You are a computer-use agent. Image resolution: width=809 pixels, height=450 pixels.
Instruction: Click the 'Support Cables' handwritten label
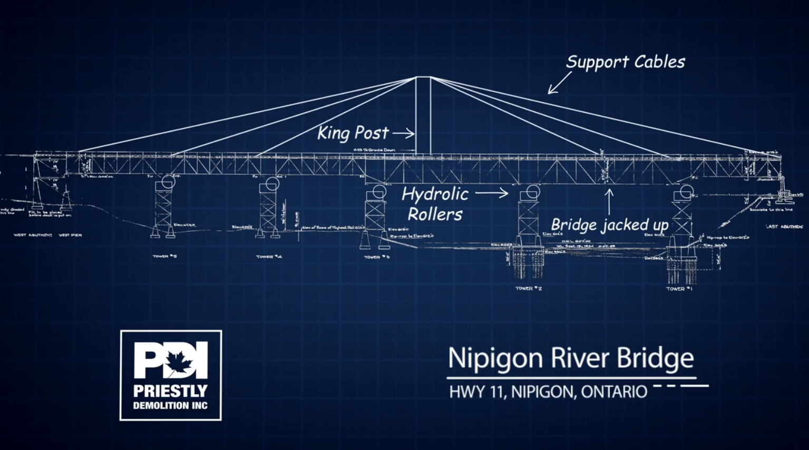click(625, 62)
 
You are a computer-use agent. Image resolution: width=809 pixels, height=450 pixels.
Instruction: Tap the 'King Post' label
click(353, 133)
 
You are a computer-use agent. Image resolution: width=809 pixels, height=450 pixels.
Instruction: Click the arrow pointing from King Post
click(403, 134)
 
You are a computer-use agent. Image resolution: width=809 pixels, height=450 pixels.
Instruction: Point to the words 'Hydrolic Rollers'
click(435, 204)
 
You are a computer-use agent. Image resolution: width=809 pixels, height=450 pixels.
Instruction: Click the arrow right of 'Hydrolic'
click(492, 193)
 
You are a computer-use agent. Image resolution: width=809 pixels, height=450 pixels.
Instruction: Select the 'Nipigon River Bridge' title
click(571, 358)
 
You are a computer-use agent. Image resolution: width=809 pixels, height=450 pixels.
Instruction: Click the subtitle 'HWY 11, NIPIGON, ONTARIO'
click(548, 392)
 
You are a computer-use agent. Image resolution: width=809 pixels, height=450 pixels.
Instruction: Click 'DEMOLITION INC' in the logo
click(170, 406)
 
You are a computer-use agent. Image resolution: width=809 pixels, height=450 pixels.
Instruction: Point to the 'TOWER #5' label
click(164, 257)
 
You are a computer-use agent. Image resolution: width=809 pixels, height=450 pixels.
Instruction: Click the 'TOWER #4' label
click(269, 257)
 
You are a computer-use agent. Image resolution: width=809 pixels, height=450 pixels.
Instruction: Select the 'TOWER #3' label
click(376, 257)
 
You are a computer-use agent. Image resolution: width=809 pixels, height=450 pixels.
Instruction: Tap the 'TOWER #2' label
click(528, 288)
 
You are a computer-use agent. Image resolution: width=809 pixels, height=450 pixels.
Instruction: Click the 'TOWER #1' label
click(679, 289)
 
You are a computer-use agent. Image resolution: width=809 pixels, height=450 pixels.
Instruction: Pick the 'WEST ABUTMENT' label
click(33, 235)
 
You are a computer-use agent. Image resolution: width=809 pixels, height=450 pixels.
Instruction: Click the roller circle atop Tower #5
click(168, 182)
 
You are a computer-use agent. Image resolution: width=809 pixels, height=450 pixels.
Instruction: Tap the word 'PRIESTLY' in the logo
click(170, 391)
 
